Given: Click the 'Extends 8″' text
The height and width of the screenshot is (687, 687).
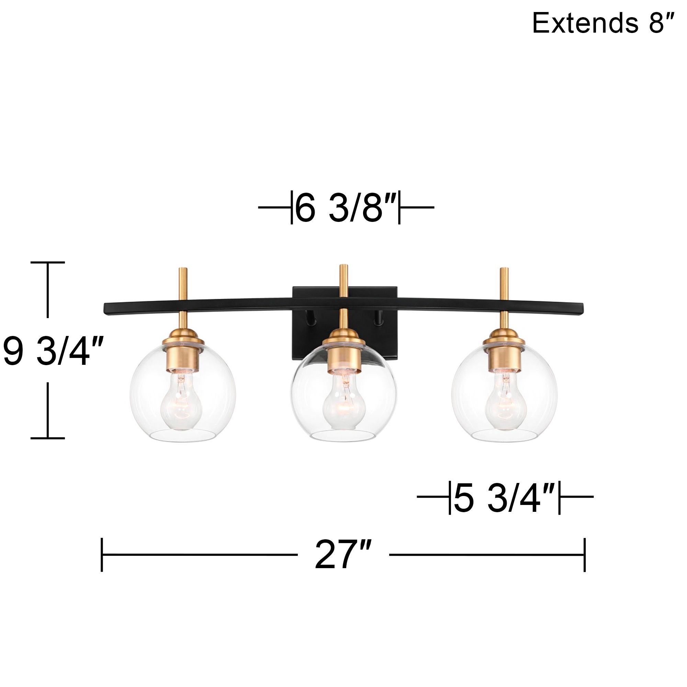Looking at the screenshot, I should [x=602, y=23].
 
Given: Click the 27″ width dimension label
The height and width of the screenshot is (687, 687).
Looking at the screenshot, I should [x=343, y=555].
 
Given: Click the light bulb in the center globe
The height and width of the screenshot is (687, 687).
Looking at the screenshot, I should [x=343, y=402].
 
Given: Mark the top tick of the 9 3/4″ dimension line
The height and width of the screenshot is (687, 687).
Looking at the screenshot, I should [x=48, y=262].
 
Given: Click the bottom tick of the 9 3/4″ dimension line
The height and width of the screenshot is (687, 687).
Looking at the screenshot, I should [x=48, y=438].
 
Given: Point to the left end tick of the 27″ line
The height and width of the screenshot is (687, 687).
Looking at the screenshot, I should [x=102, y=555].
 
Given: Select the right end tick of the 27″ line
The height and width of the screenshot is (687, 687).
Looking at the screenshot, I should [x=585, y=555].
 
